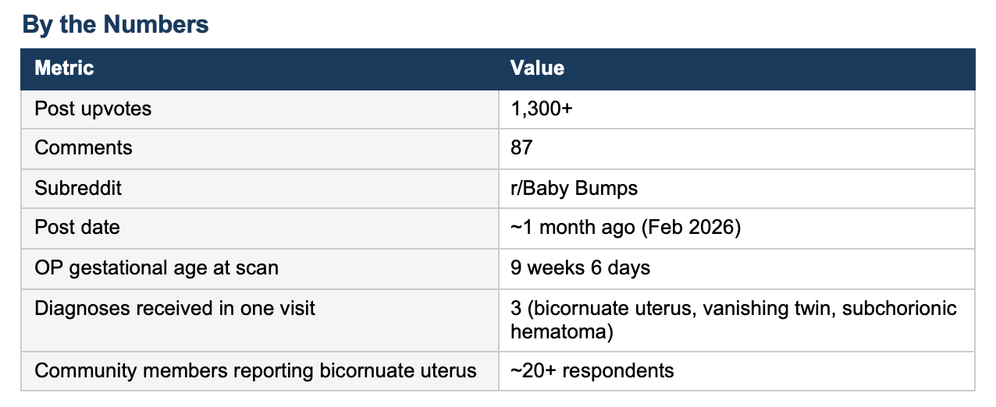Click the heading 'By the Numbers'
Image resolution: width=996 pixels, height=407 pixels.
(x=116, y=24)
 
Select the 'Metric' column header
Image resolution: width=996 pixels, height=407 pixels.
(x=64, y=68)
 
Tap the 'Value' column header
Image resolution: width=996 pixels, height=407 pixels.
(x=537, y=68)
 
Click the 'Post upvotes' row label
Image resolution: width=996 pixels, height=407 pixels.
(x=93, y=109)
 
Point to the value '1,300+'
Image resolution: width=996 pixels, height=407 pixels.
(x=542, y=108)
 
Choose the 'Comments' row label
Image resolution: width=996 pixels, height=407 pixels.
(x=84, y=147)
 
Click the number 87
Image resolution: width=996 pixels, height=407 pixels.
(x=521, y=147)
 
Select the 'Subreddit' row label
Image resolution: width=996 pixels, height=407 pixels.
(x=78, y=188)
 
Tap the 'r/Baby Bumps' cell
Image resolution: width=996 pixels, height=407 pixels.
(x=574, y=189)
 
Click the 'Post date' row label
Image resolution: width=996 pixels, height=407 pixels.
(x=77, y=227)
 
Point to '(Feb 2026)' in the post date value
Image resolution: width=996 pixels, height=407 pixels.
(x=691, y=228)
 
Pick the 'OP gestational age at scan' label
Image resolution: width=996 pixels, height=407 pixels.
(x=157, y=268)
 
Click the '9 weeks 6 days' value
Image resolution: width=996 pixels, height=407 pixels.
(x=580, y=268)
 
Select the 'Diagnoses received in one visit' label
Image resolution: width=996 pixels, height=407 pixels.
(x=175, y=308)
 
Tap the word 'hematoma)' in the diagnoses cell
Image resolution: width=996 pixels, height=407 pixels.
(x=561, y=332)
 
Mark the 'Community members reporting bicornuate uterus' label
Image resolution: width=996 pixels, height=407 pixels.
(x=255, y=371)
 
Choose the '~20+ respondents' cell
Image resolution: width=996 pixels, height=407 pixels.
(x=592, y=371)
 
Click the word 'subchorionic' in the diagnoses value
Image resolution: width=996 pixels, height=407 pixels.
(x=899, y=308)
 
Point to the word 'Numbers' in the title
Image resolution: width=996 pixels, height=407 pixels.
(x=156, y=24)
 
